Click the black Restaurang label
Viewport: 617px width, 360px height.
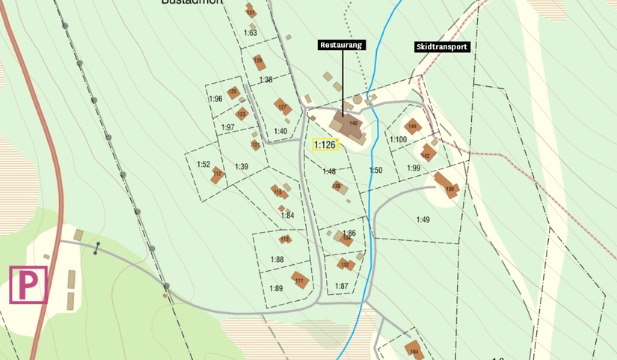341,45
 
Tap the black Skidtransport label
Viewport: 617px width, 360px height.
441,46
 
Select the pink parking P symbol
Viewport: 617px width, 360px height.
28,284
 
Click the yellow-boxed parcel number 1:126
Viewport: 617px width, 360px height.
325,144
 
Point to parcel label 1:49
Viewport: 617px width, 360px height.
423,219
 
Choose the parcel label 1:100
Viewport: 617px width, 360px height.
398,139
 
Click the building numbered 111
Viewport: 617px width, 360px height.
300,281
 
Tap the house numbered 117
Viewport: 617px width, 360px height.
217,174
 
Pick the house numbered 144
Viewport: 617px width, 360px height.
412,126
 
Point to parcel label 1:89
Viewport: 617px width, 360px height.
276,288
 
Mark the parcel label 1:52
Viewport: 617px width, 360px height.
203,164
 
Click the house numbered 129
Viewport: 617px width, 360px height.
259,60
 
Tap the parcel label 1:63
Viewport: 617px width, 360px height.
251,33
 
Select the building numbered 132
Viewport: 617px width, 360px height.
345,264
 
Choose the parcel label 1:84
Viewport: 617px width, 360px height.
287,216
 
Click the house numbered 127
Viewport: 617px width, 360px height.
282,107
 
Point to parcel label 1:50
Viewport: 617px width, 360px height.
375,171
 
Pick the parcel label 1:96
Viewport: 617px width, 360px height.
216,99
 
